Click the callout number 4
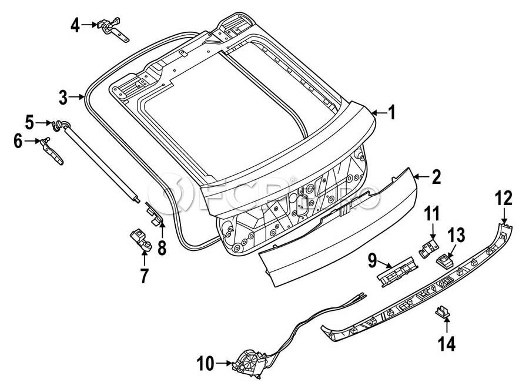point(75,25)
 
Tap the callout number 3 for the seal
point(63,97)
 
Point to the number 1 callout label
point(391,112)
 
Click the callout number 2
point(436,177)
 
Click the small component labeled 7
point(140,240)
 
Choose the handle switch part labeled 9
point(397,271)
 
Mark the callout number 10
point(206,364)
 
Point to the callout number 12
point(504,198)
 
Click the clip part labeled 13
point(445,260)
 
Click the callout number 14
point(447,343)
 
